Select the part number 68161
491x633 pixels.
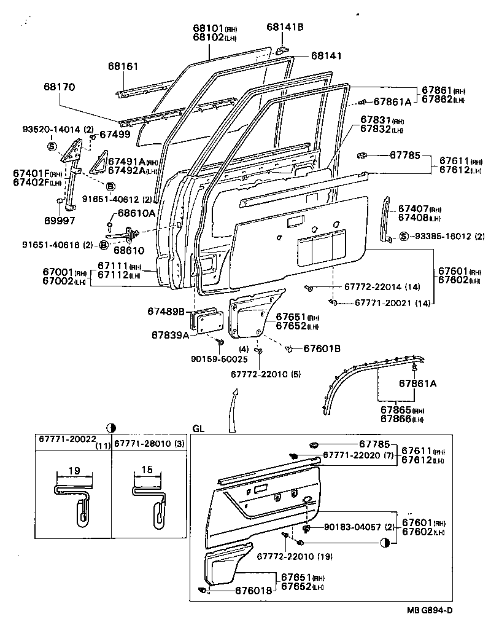pyautogui.click(x=123, y=66)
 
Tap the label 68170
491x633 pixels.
pyautogui.click(x=59, y=87)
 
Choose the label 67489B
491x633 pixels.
pyautogui.click(x=166, y=312)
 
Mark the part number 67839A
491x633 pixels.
pyautogui.click(x=170, y=335)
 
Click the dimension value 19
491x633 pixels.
pyautogui.click(x=74, y=471)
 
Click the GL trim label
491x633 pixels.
pyautogui.click(x=198, y=428)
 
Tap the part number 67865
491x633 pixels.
pyautogui.click(x=396, y=409)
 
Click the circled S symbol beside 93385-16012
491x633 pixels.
pyautogui.click(x=404, y=236)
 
